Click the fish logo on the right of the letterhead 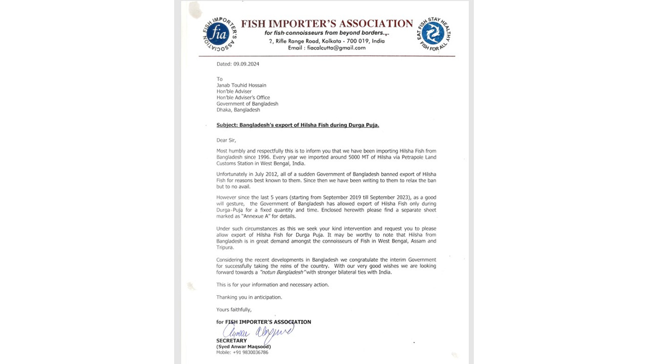tap(433, 34)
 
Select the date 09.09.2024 tap(246, 64)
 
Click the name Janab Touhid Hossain tap(241, 85)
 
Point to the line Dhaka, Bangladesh tap(238, 110)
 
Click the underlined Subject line tap(298, 125)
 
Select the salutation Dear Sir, tap(226, 140)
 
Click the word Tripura tap(225, 247)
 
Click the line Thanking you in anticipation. tap(249, 297)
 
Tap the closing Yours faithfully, tap(233, 309)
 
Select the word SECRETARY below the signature tap(231, 341)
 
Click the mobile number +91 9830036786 tap(250, 352)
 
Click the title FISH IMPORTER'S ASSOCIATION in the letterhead tap(327, 24)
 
